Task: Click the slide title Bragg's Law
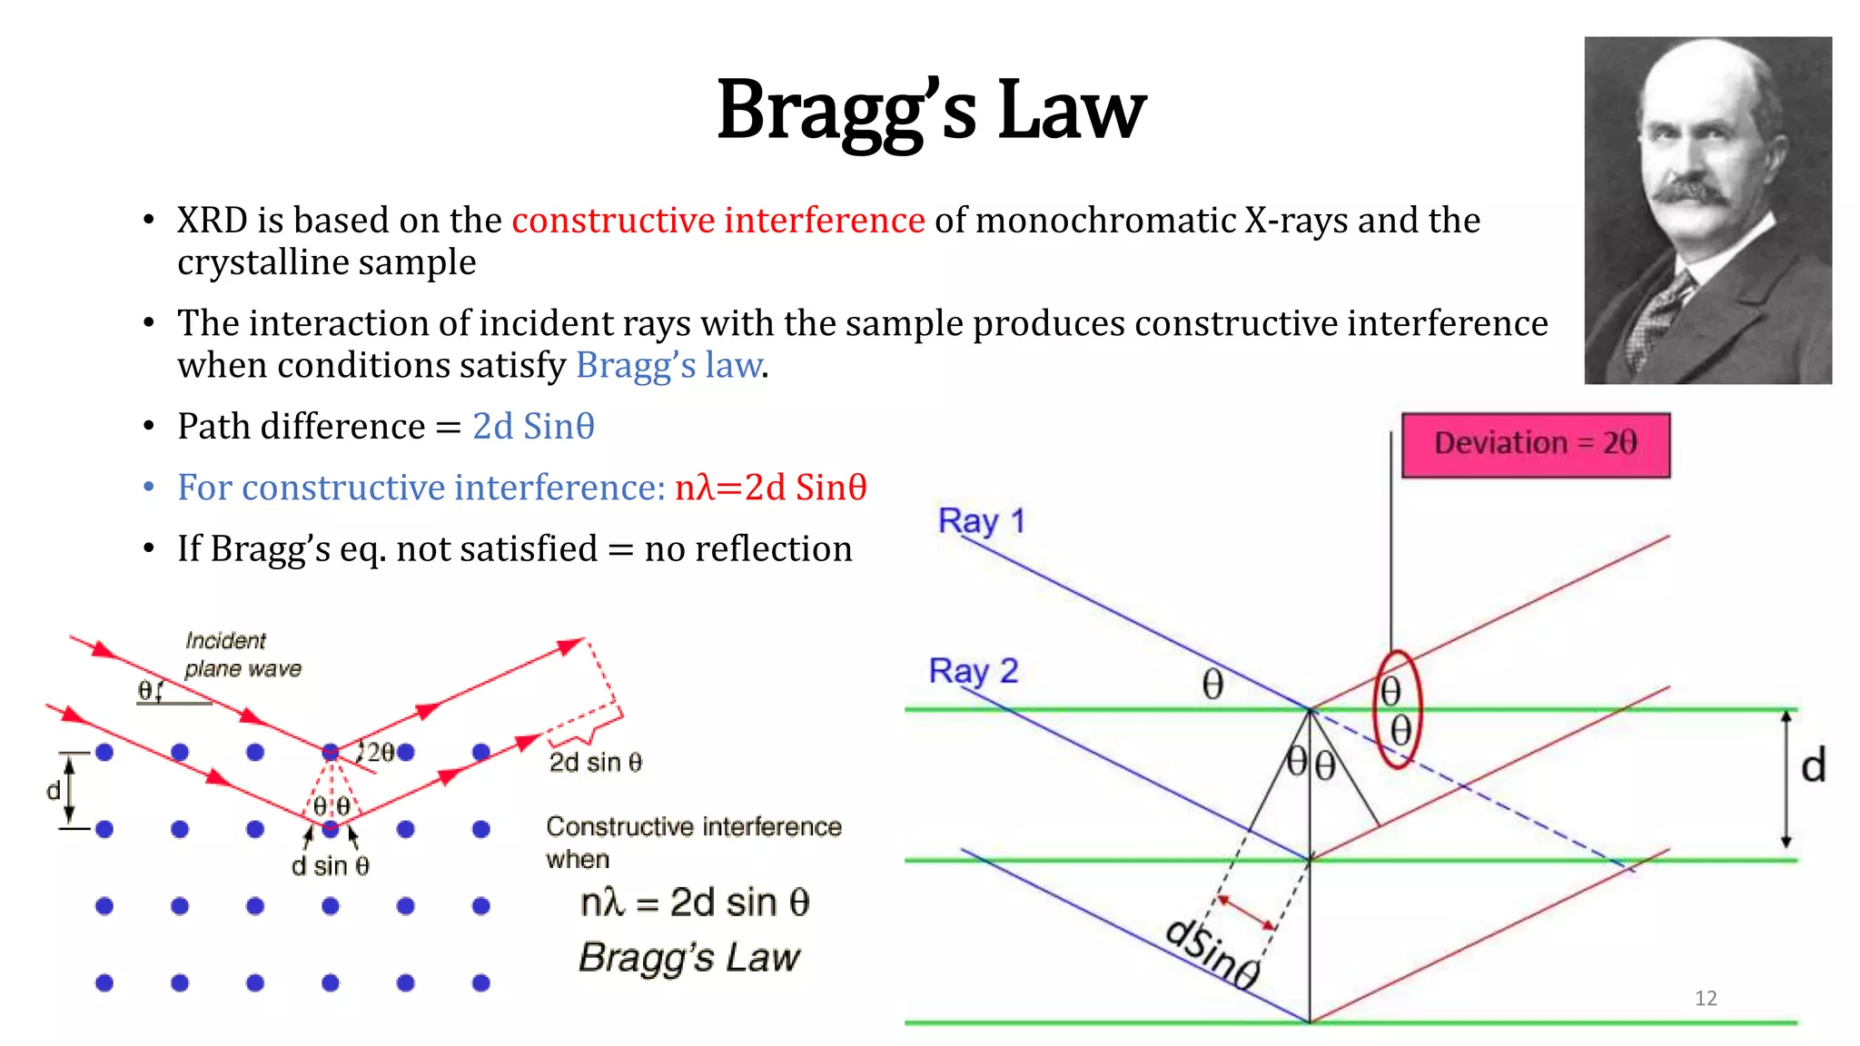pos(931,111)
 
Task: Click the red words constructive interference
pos(717,221)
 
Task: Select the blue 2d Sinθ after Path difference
pos(533,426)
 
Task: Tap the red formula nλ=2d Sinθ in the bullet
pos(770,488)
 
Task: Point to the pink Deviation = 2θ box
pos(1535,444)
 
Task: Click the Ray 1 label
pos(981,521)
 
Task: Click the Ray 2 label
pos(973,671)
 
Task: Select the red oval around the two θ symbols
pos(1397,709)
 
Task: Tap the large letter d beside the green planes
pos(1813,766)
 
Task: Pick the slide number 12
pos(1706,998)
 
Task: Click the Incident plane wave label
pos(242,655)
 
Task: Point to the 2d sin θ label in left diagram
pos(595,763)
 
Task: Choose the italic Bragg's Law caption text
pos(689,958)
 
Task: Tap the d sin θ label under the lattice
pos(330,866)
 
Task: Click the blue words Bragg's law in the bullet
pos(668,365)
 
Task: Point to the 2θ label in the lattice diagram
pos(381,752)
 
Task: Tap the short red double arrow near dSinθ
pos(1246,913)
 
